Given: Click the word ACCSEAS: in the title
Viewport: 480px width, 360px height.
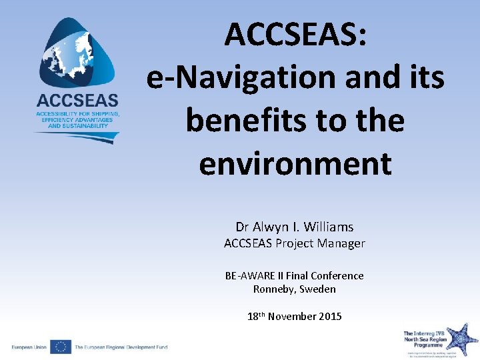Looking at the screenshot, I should pyautogui.click(x=295, y=35).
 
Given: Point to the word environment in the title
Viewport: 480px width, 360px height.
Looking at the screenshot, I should pyautogui.click(x=295, y=163).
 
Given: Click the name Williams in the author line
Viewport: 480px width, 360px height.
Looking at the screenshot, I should pyautogui.click(x=328, y=227).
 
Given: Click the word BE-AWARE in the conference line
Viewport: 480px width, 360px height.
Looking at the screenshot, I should pyautogui.click(x=249, y=275).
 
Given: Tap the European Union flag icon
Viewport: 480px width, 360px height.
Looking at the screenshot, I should pyautogui.click(x=61, y=347).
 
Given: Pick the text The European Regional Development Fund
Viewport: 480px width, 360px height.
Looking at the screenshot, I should pyautogui.click(x=121, y=347).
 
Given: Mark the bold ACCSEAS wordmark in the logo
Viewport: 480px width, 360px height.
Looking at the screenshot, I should pyautogui.click(x=77, y=101).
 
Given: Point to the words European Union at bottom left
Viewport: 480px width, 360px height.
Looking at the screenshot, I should pyautogui.click(x=29, y=347).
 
